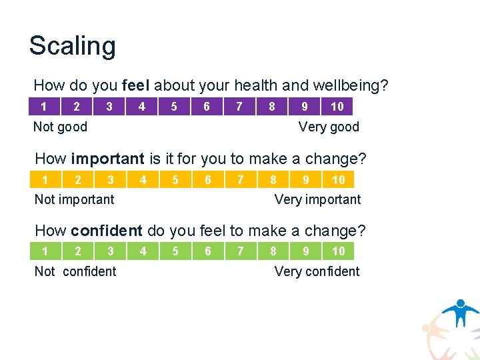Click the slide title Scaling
(72, 46)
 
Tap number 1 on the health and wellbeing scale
(43, 107)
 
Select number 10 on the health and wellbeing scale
(337, 107)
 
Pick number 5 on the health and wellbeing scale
(174, 107)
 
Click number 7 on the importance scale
(240, 179)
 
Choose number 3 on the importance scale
(111, 179)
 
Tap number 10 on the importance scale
(339, 179)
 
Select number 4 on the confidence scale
(143, 251)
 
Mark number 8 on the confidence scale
(273, 251)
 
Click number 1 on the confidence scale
(45, 251)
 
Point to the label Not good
(60, 127)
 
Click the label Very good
(329, 127)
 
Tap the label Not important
(74, 199)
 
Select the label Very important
(317, 199)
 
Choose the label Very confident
(317, 271)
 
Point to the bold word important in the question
(107, 159)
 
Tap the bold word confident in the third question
(107, 231)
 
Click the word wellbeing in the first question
(353, 86)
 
